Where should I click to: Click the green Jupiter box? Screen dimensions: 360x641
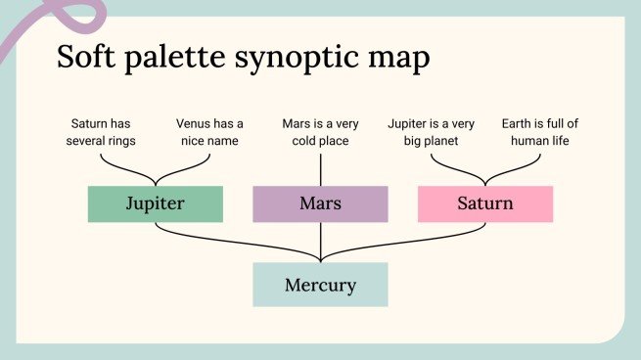pyautogui.click(x=155, y=203)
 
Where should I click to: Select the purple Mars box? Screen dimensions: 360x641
pyautogui.click(x=320, y=203)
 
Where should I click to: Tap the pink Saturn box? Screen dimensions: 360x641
pyautogui.click(x=484, y=203)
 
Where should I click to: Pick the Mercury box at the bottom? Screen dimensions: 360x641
pyautogui.click(x=320, y=286)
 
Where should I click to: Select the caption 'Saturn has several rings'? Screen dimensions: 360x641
pyautogui.click(x=103, y=132)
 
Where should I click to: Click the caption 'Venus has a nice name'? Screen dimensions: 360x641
pyautogui.click(x=209, y=132)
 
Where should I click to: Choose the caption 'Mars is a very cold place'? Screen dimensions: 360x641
pyautogui.click(x=321, y=132)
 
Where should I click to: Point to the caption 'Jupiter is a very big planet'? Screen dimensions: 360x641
pyautogui.click(x=432, y=132)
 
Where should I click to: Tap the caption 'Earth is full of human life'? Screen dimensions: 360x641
pyautogui.click(x=539, y=132)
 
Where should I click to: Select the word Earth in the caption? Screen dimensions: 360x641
pyautogui.click(x=518, y=124)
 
